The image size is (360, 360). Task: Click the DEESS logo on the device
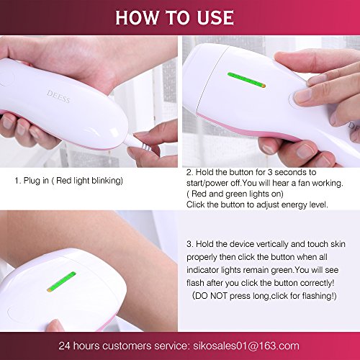click(58, 96)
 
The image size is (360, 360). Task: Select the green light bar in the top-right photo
click(246, 80)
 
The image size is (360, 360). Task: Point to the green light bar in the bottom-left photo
click(61, 282)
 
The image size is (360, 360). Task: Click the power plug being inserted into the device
click(138, 143)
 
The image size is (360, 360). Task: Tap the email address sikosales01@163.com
click(246, 346)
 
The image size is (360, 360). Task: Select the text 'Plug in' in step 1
click(36, 181)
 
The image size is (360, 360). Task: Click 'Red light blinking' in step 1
click(88, 181)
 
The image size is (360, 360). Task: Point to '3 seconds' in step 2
click(289, 172)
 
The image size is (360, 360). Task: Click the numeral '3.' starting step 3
click(190, 244)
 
